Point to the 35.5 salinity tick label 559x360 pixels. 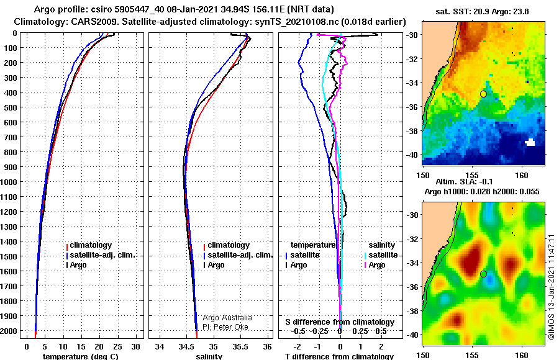tap(240, 347)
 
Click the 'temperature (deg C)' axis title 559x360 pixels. tap(81, 356)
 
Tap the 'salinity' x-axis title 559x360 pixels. tap(209, 356)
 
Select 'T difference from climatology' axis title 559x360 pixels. tap(339, 356)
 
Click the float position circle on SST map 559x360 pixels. tap(483, 94)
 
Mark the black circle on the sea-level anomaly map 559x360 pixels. tap(483, 274)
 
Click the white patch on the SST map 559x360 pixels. tap(530, 142)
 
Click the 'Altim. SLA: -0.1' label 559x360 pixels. tap(464, 182)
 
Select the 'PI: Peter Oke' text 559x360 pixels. tap(225, 327)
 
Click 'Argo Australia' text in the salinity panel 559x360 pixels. tap(227, 318)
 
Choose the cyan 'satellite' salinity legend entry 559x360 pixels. tap(381, 255)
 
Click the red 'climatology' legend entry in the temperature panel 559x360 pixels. tap(89, 245)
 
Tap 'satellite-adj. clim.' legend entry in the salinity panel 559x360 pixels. tap(238, 255)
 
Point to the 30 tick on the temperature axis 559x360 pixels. tap(135, 347)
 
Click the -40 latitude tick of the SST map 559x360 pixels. tap(412, 155)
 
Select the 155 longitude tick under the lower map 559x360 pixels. tap(472, 356)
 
